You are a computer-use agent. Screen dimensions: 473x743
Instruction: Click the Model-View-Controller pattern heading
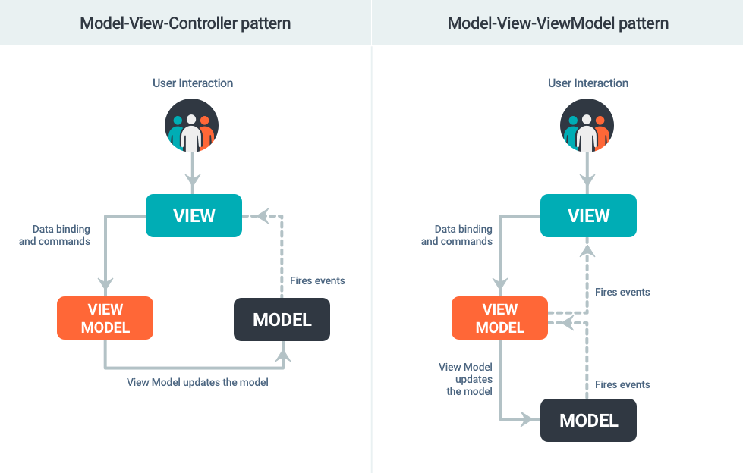click(185, 23)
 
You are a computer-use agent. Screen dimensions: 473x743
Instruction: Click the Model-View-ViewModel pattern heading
click(558, 23)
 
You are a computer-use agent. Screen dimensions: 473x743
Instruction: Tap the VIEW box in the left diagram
click(194, 216)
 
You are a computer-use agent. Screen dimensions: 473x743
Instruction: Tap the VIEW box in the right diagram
click(588, 216)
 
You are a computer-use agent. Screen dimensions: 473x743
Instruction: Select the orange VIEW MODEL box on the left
click(105, 318)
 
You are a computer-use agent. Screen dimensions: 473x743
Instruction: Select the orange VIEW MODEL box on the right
click(499, 318)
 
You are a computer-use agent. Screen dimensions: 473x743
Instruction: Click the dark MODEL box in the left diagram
click(282, 320)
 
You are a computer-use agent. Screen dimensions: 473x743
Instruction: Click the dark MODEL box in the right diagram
click(588, 420)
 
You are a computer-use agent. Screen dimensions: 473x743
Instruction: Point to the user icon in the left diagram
click(192, 126)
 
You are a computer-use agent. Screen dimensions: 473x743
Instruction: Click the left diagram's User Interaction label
click(193, 83)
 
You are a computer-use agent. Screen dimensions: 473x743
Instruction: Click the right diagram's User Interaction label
click(588, 83)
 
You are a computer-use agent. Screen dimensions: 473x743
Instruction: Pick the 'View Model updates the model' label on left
click(197, 382)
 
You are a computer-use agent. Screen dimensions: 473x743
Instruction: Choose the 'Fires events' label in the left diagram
click(317, 280)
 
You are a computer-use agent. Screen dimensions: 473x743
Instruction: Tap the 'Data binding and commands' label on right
click(457, 235)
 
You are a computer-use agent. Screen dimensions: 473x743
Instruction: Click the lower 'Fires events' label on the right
click(622, 384)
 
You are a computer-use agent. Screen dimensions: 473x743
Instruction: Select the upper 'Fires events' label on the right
click(622, 292)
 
